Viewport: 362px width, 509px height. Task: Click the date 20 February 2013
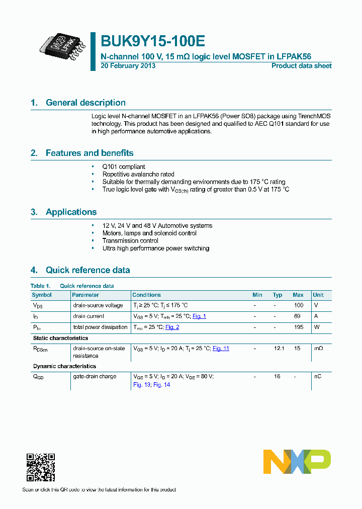(128, 66)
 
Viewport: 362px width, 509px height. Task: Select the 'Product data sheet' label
(301, 66)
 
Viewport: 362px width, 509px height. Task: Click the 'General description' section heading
(85, 103)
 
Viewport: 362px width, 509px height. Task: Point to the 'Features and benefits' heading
(89, 153)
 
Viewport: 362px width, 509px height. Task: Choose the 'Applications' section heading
(71, 212)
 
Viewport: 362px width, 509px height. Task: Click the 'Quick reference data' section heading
(87, 270)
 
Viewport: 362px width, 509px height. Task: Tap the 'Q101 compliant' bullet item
(124, 166)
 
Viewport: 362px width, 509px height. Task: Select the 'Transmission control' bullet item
(130, 241)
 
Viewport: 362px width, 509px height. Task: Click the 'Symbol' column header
(42, 295)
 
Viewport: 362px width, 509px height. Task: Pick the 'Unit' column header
(318, 295)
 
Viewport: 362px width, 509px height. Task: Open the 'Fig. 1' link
(199, 316)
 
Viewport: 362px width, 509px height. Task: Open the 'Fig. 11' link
(221, 349)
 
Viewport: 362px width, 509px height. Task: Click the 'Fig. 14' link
(162, 385)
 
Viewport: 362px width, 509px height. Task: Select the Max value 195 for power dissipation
(298, 327)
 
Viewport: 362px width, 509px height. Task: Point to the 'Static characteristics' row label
(60, 338)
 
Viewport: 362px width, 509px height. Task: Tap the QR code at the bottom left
(41, 467)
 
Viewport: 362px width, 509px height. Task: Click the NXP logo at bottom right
(297, 462)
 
